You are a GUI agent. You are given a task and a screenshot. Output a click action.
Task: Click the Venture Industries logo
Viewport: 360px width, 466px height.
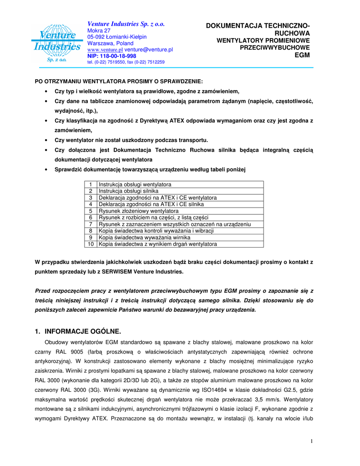tap(56, 43)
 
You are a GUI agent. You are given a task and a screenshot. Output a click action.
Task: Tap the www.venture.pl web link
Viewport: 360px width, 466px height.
tap(105, 49)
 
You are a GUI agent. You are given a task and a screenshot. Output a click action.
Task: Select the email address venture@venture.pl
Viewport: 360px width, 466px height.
tap(149, 49)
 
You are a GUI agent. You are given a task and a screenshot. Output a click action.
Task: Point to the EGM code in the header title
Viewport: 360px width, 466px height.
tap(302, 55)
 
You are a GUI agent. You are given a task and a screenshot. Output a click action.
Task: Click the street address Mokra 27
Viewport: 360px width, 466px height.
tap(99, 30)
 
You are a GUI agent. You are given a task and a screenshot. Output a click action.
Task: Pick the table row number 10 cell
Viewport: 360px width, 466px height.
tap(91, 244)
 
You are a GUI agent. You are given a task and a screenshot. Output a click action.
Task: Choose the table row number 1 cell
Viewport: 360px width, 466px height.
tap(91, 185)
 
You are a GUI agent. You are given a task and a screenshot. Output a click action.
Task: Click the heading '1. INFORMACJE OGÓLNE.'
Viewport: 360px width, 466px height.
tap(78, 331)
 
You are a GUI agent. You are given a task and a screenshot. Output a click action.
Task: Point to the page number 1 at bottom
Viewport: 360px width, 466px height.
tap(311, 441)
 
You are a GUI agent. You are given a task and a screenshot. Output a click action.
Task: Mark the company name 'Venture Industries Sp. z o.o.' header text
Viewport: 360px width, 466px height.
tap(126, 24)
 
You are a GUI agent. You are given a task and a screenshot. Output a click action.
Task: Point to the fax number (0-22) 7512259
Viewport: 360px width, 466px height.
tap(150, 62)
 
